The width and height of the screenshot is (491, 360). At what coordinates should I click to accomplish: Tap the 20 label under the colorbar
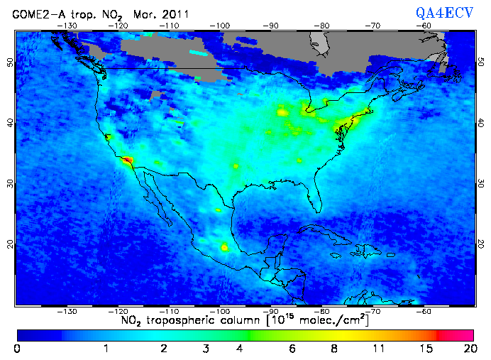tap(468, 349)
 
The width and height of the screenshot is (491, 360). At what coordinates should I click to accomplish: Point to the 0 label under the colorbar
tap(17, 349)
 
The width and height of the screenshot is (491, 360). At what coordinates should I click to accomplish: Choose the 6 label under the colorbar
tap(291, 349)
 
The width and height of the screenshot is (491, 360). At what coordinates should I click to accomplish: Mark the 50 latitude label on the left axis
tap(10, 62)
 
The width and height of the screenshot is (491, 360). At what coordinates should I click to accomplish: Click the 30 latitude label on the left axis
tap(10, 183)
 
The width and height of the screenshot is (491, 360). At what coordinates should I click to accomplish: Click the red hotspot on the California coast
tap(128, 161)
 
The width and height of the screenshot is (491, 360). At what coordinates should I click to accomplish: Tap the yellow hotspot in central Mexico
tap(225, 247)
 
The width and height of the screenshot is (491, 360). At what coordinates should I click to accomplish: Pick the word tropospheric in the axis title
tap(186, 320)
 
